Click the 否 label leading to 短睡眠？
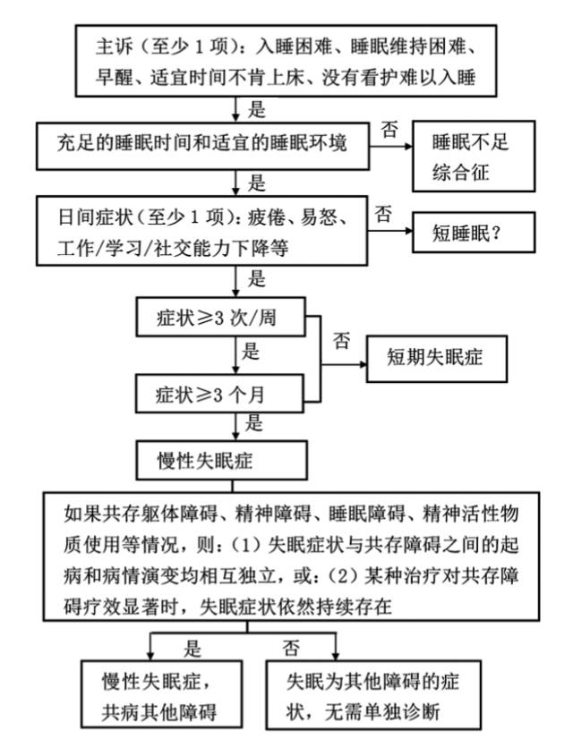(383, 214)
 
